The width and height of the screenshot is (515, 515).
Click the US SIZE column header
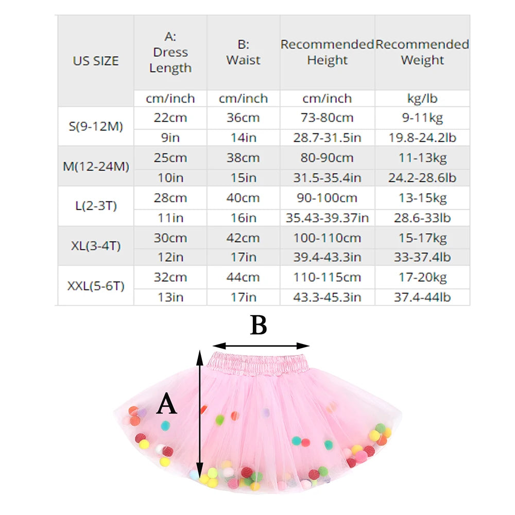point(96,61)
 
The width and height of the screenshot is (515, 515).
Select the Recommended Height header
point(327,53)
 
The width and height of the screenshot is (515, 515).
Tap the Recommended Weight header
point(422,53)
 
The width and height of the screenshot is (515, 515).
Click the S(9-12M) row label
point(96,126)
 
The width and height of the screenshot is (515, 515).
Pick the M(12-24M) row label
point(96,166)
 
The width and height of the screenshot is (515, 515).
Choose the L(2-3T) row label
point(96,206)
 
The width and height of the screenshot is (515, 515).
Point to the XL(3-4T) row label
point(96,246)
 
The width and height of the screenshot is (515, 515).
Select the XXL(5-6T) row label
point(96,286)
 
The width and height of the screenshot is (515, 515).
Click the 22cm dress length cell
point(170,117)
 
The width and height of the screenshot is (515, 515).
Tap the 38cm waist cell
point(244,158)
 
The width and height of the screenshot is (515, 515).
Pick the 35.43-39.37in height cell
point(327,218)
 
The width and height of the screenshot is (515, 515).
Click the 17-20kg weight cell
point(422,278)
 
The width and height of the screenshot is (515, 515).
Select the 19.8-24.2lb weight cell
point(422,138)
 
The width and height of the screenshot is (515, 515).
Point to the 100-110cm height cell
point(327,238)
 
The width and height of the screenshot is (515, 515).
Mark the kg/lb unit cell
point(422,98)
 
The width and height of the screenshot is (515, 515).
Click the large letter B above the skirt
point(259,325)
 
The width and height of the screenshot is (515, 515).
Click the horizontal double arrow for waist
point(261,346)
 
